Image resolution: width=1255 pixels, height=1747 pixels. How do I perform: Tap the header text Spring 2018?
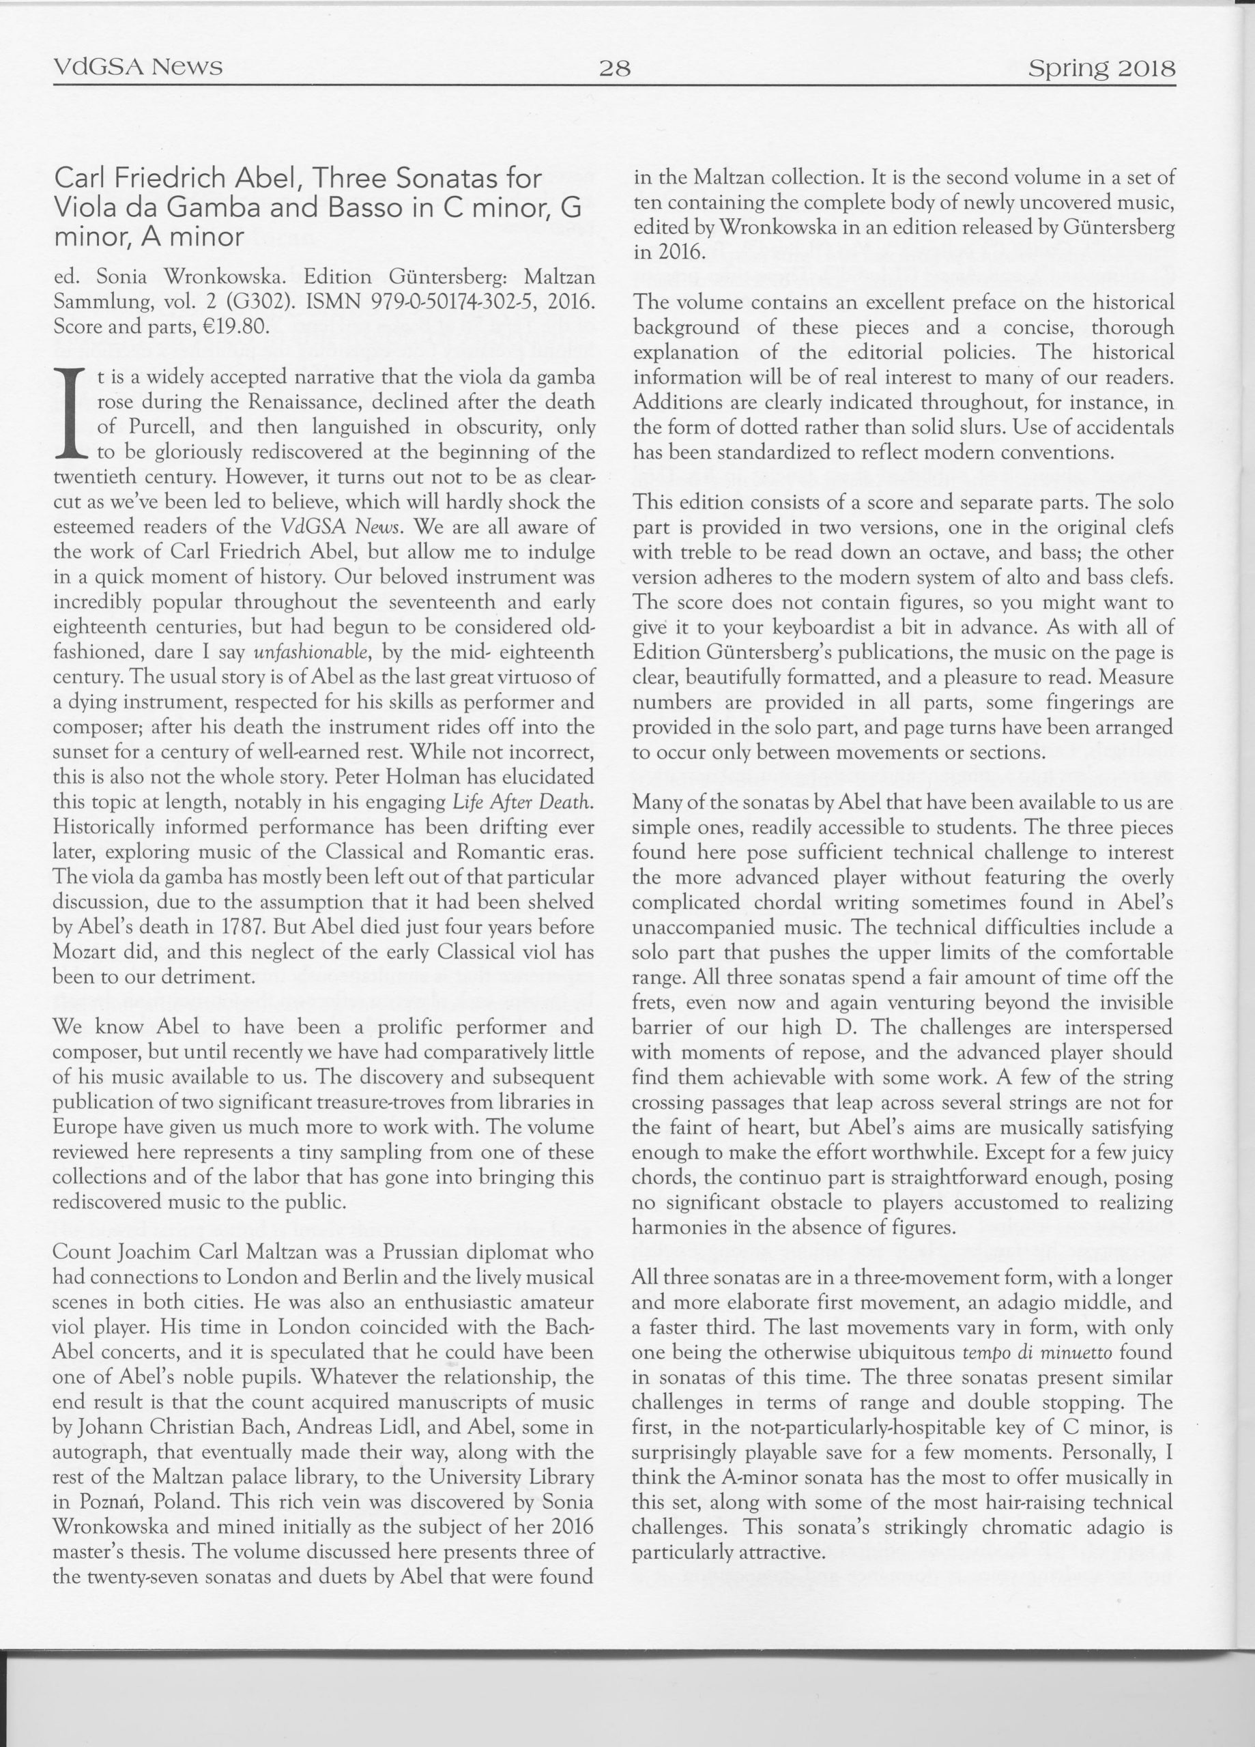(1101, 70)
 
